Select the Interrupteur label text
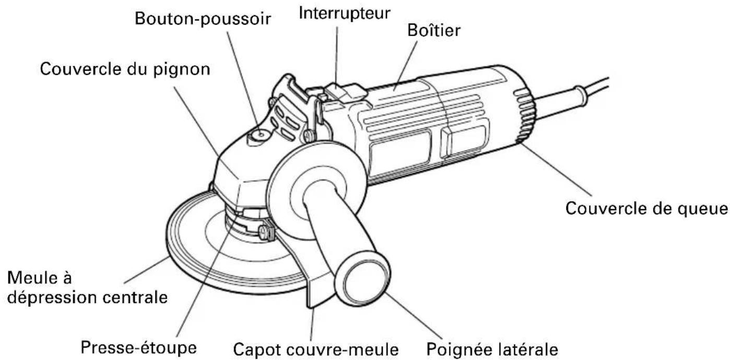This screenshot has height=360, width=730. (344, 13)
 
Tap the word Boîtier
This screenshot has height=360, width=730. (433, 30)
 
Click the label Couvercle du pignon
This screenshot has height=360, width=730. (126, 69)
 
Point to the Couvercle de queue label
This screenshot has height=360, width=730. (647, 208)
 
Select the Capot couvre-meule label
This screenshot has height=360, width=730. (316, 347)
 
